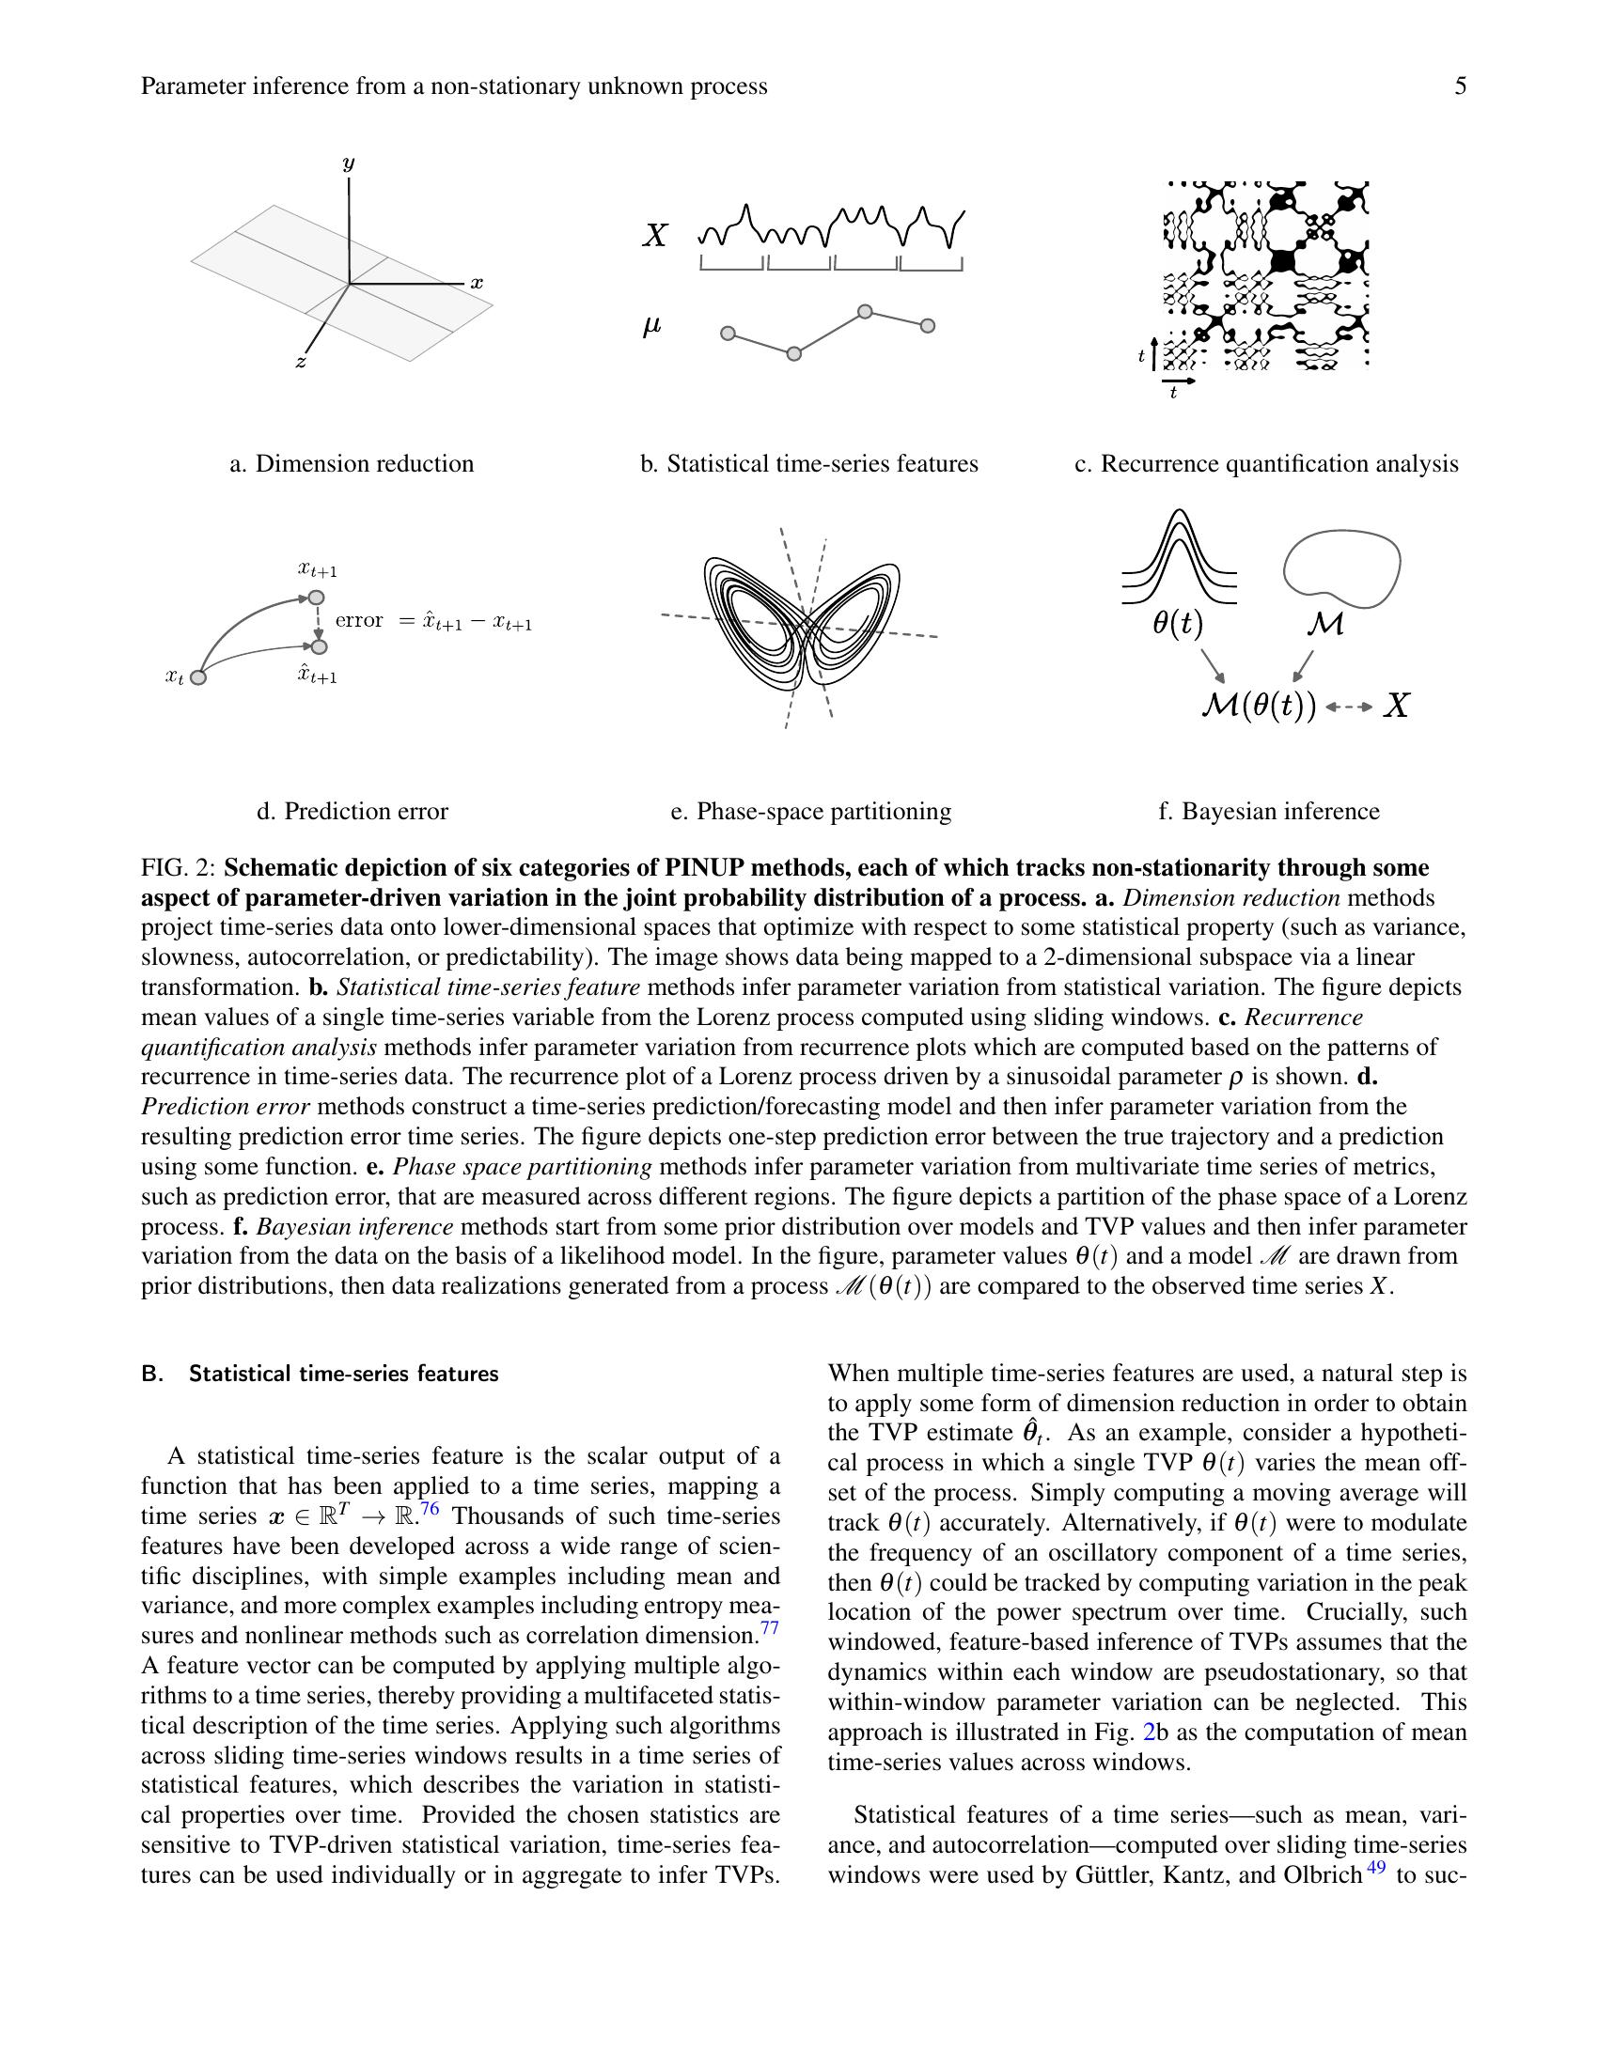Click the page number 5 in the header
tap(1460, 87)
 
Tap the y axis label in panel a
tap(349, 163)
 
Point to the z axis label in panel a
tap(300, 362)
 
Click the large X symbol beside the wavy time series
tap(654, 236)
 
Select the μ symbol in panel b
tap(651, 327)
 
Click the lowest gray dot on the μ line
tap(794, 354)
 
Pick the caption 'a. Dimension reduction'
tap(352, 464)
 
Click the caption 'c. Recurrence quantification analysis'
tap(1266, 464)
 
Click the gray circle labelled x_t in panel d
tap(197, 676)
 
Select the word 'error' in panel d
tap(359, 621)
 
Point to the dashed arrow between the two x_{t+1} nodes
tap(318, 623)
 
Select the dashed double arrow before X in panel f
tap(1349, 706)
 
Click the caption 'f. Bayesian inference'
tap(1269, 811)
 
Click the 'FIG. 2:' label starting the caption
tap(179, 868)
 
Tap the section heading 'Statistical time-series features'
tap(343, 1374)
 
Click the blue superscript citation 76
tap(430, 1509)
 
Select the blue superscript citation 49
tap(1375, 1868)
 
